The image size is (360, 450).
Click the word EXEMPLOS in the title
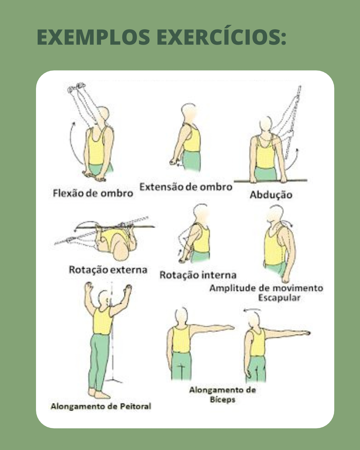click(x=94, y=37)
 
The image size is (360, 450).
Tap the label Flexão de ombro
click(x=93, y=193)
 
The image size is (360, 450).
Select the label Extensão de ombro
click(x=186, y=187)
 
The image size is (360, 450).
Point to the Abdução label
click(x=271, y=195)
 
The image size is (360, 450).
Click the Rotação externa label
click(x=108, y=270)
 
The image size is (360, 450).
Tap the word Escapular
click(x=279, y=298)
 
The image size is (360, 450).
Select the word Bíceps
click(x=223, y=400)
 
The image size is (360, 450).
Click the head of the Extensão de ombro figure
click(x=189, y=112)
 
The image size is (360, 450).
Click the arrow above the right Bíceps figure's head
click(x=252, y=310)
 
